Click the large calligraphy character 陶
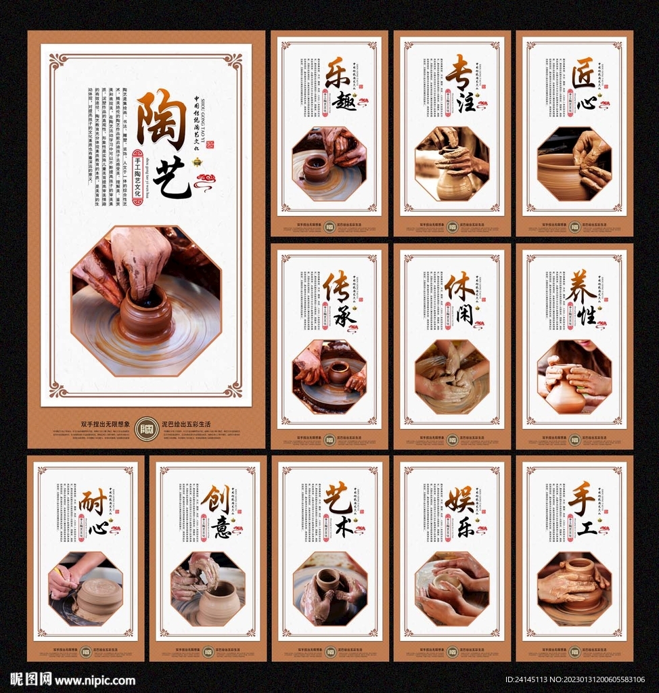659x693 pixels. pos(162,119)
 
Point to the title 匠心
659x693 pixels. pos(582,84)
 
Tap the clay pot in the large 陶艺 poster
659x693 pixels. pos(146,315)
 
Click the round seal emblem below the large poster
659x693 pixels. pos(147,428)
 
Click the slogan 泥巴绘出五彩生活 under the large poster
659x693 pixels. pos(186,424)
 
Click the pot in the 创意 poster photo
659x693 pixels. pos(219,602)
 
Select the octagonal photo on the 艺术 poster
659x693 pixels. pos(330,588)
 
